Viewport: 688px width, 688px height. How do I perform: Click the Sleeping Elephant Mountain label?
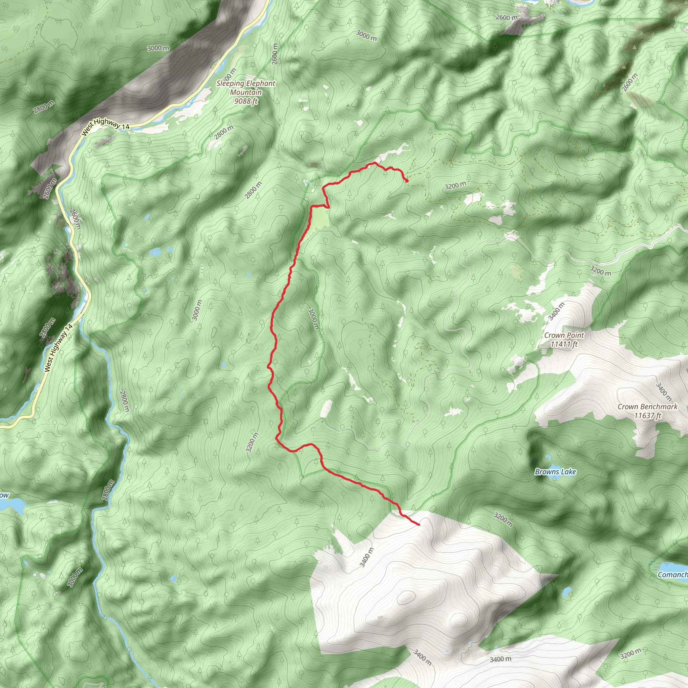[246, 88]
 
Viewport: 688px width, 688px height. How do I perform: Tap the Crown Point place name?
[564, 335]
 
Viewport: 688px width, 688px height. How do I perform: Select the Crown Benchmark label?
[647, 407]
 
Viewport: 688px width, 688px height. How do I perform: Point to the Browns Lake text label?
[555, 472]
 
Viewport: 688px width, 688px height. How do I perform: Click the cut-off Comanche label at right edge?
[672, 574]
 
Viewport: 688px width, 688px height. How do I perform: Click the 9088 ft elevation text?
[246, 101]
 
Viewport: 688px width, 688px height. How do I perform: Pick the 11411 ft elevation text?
[564, 344]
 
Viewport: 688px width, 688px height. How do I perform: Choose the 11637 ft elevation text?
[647, 415]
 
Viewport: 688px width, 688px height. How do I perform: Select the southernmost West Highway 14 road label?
[58, 348]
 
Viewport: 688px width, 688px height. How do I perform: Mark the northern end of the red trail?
[407, 181]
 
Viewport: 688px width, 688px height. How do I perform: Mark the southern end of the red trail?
[419, 524]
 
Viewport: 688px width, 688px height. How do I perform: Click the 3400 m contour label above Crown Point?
[557, 311]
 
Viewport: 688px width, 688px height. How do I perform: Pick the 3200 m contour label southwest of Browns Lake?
[503, 520]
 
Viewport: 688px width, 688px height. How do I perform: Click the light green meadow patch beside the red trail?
[320, 218]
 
